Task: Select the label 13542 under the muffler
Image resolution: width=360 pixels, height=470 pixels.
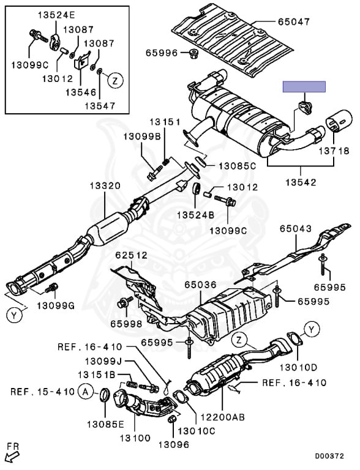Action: click(301, 182)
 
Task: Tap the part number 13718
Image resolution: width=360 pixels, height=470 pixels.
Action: click(334, 151)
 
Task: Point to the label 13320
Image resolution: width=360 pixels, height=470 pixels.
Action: click(105, 186)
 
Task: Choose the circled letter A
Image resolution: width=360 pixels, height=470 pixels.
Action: click(86, 392)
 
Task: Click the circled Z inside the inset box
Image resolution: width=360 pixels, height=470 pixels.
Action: click(115, 80)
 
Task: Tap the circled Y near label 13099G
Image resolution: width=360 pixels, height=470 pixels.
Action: click(14, 315)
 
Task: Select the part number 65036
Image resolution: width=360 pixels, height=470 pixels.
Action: click(200, 285)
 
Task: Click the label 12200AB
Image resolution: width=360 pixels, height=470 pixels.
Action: click(222, 417)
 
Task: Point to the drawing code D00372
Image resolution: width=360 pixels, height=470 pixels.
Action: click(329, 456)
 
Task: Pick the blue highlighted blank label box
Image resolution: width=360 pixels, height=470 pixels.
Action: click(304, 87)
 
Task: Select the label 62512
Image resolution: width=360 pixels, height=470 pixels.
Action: click(132, 255)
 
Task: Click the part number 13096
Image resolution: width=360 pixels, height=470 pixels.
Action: click(174, 444)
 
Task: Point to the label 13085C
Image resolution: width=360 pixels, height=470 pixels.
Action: click(237, 166)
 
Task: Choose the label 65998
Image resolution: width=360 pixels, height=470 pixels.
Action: click(126, 324)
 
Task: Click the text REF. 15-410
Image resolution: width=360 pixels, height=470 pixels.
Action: click(42, 392)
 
